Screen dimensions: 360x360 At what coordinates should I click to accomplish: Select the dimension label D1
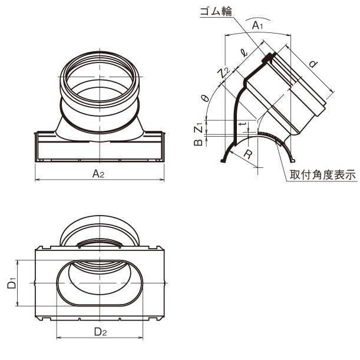pyautogui.click(x=12, y=283)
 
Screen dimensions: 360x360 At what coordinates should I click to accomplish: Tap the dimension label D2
pyautogui.click(x=101, y=332)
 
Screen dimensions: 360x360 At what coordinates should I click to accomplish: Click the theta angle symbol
pyautogui.click(x=204, y=100)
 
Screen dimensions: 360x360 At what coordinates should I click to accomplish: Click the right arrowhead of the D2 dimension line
pyautogui.click(x=143, y=338)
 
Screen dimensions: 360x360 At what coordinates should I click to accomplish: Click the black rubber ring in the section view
pyautogui.click(x=269, y=57)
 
